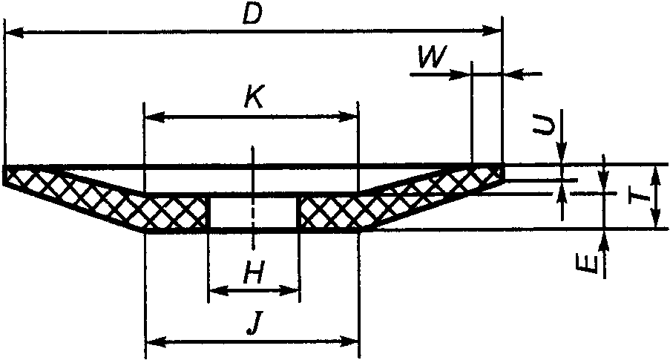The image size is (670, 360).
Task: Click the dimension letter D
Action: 254,15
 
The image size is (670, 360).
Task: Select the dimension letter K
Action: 253,99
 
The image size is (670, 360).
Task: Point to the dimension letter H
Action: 254,276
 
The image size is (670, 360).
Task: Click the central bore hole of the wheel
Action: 253,214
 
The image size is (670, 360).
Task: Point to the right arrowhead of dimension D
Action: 496,31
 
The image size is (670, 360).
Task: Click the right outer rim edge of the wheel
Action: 502,174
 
